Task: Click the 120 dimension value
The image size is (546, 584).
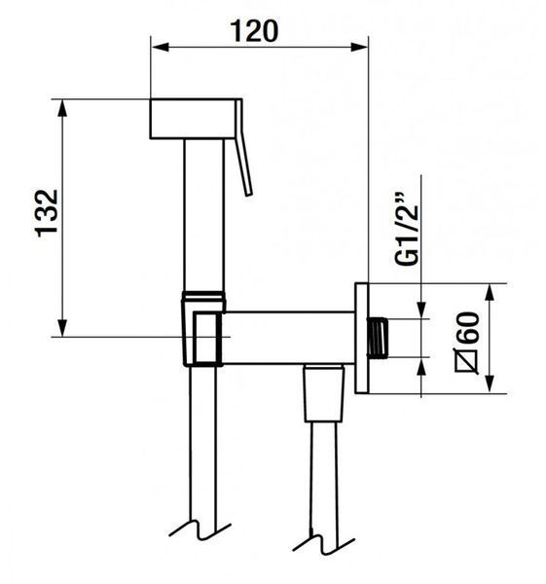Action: (254, 31)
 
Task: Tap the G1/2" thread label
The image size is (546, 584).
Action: (408, 229)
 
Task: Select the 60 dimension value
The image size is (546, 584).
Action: (468, 328)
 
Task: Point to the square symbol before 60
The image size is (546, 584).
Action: (467, 360)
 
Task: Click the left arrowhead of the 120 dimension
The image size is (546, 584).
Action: (160, 48)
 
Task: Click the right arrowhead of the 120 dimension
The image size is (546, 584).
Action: (359, 48)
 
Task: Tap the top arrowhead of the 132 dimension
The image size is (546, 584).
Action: (63, 108)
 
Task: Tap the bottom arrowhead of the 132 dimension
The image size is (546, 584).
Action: (63, 328)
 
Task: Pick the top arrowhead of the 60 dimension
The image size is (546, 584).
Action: (491, 292)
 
